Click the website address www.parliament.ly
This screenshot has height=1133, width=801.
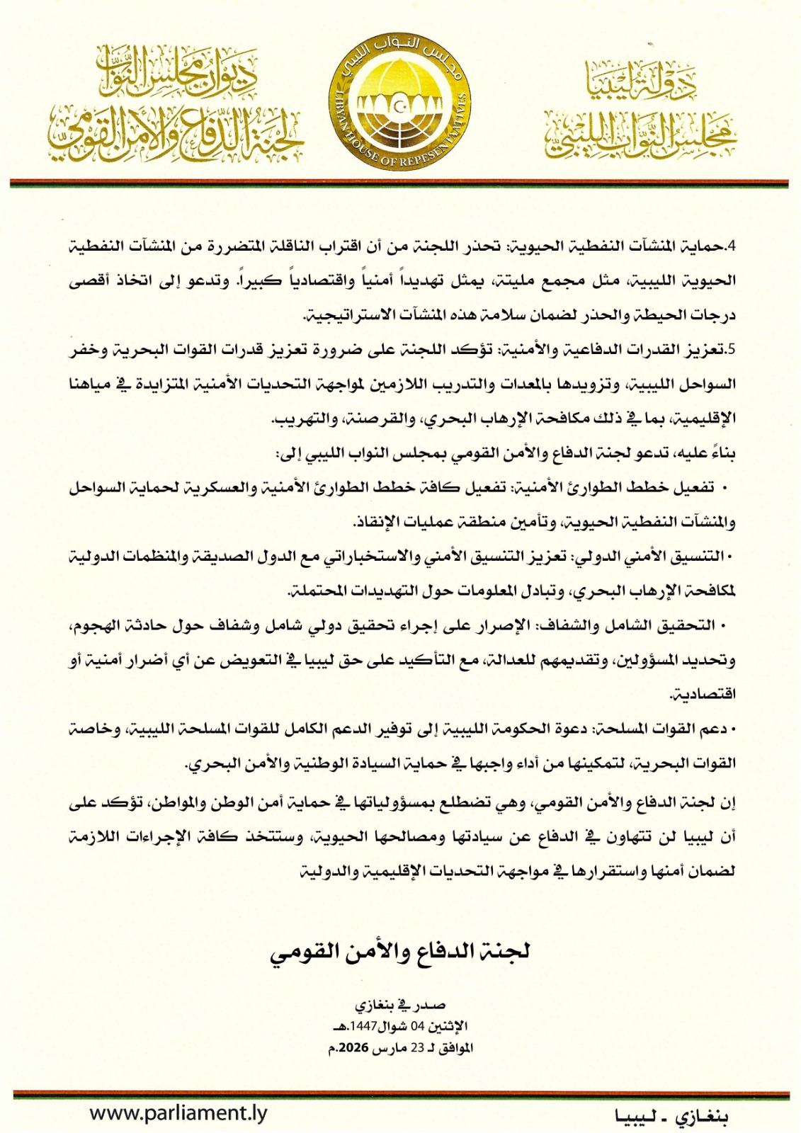tap(178, 1112)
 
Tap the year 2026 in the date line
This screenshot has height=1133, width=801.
tap(354, 1047)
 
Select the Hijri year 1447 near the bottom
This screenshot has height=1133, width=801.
tap(363, 1026)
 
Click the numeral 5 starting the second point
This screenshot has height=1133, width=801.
tap(732, 350)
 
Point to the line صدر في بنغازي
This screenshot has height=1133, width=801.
tap(400, 1005)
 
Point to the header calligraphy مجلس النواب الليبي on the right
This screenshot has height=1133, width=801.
tap(641, 135)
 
